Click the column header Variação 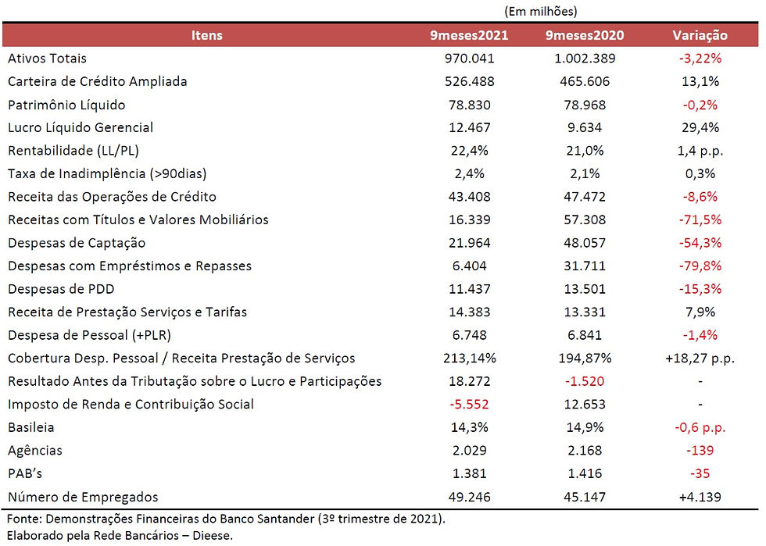[x=700, y=35]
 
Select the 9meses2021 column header [x=469, y=35]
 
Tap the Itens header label [x=206, y=35]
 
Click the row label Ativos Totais [x=47, y=58]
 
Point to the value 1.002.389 [x=585, y=58]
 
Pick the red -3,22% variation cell [x=700, y=58]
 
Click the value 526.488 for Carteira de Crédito [x=470, y=81]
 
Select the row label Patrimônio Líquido [x=66, y=105]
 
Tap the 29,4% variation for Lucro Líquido [x=700, y=127]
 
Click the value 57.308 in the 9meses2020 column [x=585, y=219]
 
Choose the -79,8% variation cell [x=700, y=266]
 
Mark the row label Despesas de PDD [x=61, y=289]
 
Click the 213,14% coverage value [x=470, y=358]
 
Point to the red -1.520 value [x=585, y=381]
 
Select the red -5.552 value [x=469, y=405]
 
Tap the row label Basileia [x=30, y=427]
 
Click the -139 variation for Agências [x=700, y=450]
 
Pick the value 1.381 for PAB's [x=470, y=473]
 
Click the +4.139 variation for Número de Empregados [x=700, y=497]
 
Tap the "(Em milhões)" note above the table [x=541, y=11]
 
